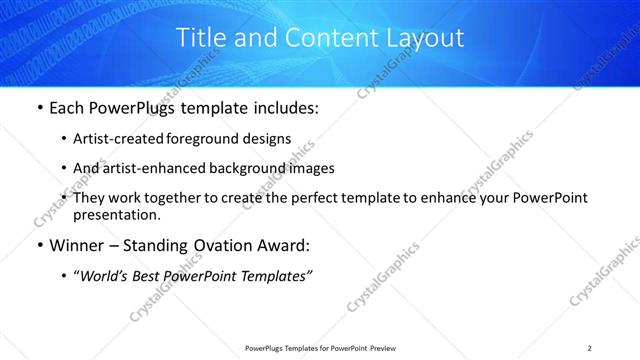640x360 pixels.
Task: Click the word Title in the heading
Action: pyautogui.click(x=199, y=39)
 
